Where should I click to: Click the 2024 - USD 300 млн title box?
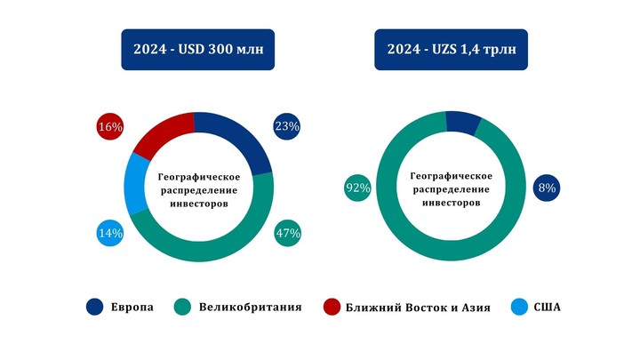(198, 50)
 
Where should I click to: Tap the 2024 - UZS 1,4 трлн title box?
(451, 50)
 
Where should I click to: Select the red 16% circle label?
(109, 127)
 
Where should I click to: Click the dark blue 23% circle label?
(286, 127)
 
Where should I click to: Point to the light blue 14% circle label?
(109, 234)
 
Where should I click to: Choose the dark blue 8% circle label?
(546, 188)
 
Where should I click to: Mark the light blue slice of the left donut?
(138, 184)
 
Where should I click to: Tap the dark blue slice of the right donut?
(463, 123)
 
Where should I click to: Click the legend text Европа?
(132, 308)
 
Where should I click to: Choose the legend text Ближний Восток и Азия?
(419, 308)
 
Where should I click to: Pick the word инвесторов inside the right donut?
(451, 203)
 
